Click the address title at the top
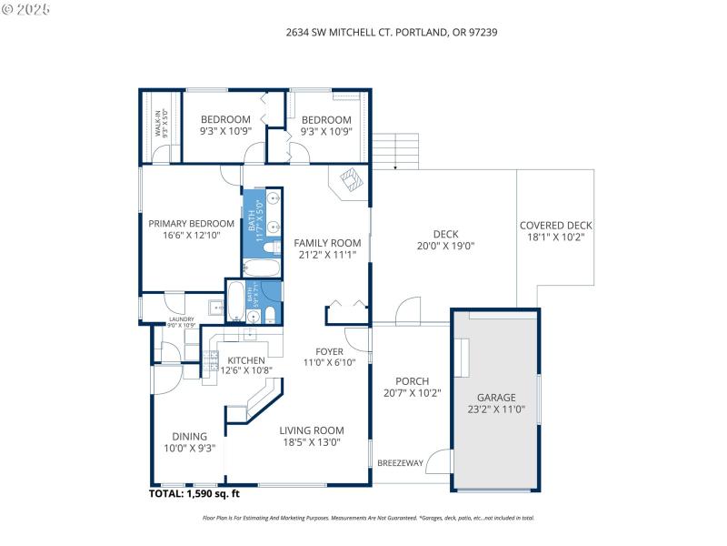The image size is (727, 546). tap(391, 32)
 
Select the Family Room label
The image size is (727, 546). tap(327, 249)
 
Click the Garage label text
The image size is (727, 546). tap(497, 404)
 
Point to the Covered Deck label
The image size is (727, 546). tap(555, 231)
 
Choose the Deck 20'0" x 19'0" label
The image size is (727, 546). tap(446, 238)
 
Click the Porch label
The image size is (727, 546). tap(413, 388)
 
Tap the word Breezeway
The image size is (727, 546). tap(400, 463)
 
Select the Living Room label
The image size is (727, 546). tap(311, 437)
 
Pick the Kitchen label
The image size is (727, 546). tap(245, 366)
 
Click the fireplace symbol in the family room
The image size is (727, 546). tap(350, 179)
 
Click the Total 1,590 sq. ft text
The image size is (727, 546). tap(194, 494)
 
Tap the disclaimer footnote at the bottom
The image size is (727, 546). tap(368, 518)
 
